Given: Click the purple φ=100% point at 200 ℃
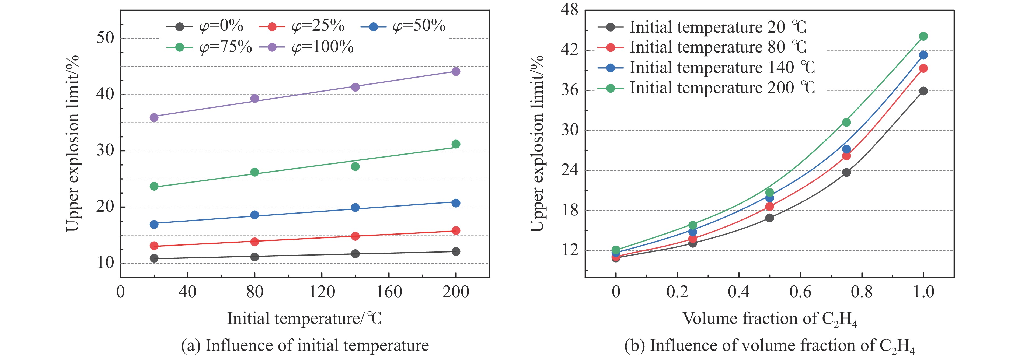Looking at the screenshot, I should click(456, 72).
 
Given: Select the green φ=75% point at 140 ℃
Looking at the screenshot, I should click(355, 166).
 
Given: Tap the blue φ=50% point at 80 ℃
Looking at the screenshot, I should click(255, 215).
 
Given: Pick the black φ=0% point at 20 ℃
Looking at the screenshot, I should click(154, 258).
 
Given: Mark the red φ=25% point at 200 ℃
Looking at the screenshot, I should click(456, 230).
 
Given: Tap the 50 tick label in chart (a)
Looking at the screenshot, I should click(105, 38).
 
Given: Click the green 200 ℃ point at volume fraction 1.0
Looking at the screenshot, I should click(923, 36).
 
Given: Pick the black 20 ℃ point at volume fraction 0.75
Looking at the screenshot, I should click(846, 172).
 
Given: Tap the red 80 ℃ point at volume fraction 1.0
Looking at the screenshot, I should click(923, 68).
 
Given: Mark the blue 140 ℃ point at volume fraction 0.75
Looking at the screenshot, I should click(846, 149).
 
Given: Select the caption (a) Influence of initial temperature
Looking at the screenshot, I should click(305, 346).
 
